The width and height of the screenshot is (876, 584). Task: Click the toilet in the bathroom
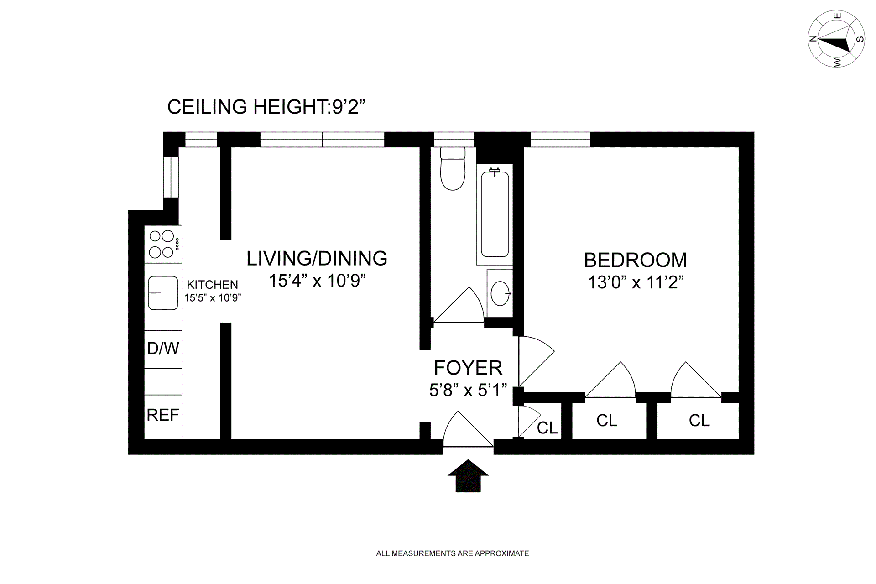(453, 168)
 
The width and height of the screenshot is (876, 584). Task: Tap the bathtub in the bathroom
(495, 214)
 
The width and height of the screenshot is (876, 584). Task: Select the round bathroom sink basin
(501, 293)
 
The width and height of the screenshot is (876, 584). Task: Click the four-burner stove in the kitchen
(163, 244)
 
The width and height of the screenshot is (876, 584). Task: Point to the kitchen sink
(163, 293)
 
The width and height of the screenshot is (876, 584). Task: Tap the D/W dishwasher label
(163, 349)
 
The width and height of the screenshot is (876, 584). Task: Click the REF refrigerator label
(163, 415)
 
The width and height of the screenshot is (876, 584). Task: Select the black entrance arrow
(468, 476)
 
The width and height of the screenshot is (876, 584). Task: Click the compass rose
(836, 39)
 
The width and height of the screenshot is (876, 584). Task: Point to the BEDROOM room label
(636, 261)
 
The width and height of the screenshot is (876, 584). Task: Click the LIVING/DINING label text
(317, 259)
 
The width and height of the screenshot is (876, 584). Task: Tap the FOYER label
(468, 368)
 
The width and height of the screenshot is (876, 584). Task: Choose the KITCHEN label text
(212, 285)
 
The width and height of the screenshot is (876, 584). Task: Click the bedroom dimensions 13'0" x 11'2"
(636, 282)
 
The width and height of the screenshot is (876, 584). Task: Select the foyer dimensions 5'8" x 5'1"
(468, 390)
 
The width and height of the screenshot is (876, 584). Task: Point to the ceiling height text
(266, 107)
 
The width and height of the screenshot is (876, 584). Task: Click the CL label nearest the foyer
(547, 428)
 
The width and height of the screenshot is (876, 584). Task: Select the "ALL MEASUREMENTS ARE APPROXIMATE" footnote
(453, 553)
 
